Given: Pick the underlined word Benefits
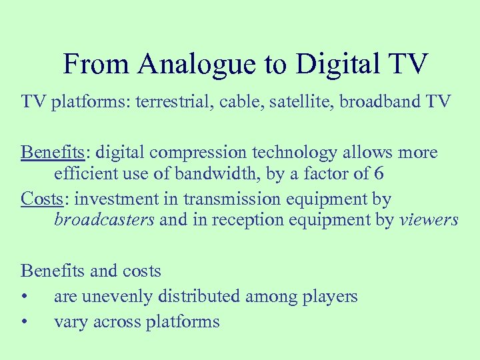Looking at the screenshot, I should [x=53, y=153].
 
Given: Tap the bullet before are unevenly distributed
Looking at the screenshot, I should [x=25, y=297].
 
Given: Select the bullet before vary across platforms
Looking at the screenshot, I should [x=25, y=322].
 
